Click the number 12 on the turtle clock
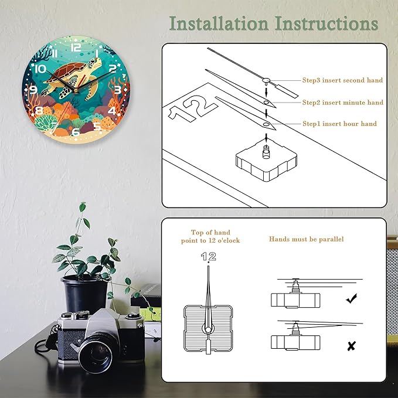point(76,47)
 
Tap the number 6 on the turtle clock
point(76,132)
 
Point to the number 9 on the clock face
point(33,89)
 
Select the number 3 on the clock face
point(117,90)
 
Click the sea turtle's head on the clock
point(95,62)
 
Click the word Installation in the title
point(219,23)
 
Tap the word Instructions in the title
point(326,23)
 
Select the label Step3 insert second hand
point(342,80)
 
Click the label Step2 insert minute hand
point(343,103)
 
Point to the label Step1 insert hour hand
point(339,124)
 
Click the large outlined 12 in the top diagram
point(193,108)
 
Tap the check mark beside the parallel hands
point(351,298)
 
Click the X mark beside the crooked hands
point(351,346)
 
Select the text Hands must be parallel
point(307,239)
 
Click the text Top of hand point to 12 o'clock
point(210,236)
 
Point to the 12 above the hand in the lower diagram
point(209,256)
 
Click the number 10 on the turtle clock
point(40,69)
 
